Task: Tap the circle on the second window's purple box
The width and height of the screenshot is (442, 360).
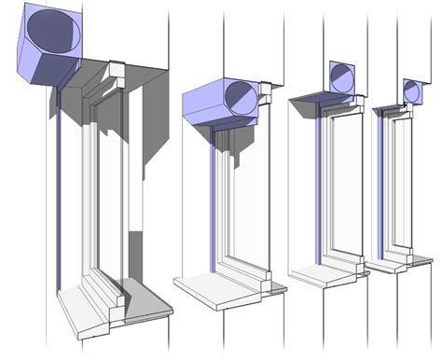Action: [238, 98]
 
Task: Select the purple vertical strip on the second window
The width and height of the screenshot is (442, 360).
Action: [212, 205]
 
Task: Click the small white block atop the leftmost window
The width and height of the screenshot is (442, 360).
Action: [117, 72]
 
